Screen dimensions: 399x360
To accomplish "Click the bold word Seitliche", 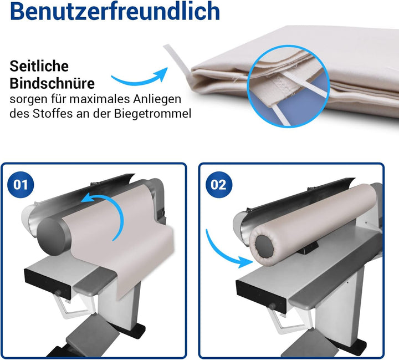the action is (x=39, y=66).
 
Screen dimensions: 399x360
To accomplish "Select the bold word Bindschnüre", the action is (x=52, y=83).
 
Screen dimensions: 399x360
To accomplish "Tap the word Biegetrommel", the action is (x=152, y=114).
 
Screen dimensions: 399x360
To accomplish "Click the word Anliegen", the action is (x=157, y=100).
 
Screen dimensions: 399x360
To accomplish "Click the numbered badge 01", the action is (x=21, y=185).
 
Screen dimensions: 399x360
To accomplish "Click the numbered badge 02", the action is (x=218, y=185).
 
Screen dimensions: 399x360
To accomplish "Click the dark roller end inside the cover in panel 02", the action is (x=265, y=245).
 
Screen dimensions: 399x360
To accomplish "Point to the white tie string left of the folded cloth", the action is (x=177, y=60).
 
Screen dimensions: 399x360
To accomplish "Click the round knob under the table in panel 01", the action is (x=58, y=293).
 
